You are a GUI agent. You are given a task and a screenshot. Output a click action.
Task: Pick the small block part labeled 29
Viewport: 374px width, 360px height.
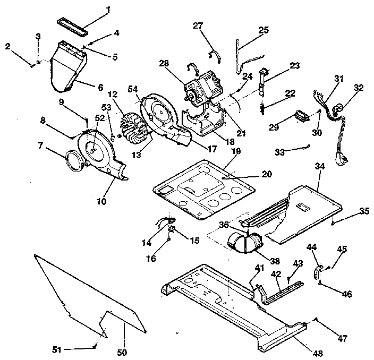[x=301, y=116]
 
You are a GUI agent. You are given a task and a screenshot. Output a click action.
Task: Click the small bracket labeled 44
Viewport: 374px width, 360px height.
[x=318, y=272]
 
